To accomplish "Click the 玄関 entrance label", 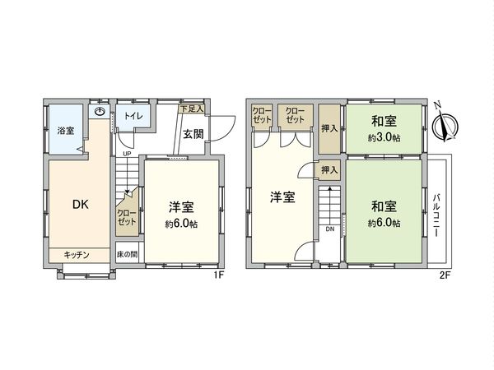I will (x=193, y=134).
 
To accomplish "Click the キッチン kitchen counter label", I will (x=78, y=256).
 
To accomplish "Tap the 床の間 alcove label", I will (x=126, y=256).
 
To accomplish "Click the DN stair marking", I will (x=329, y=229).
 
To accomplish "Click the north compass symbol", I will (x=445, y=123).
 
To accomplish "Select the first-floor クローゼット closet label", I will (x=126, y=218).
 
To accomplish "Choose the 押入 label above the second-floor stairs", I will (x=329, y=171).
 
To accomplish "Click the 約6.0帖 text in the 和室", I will (x=384, y=223).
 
